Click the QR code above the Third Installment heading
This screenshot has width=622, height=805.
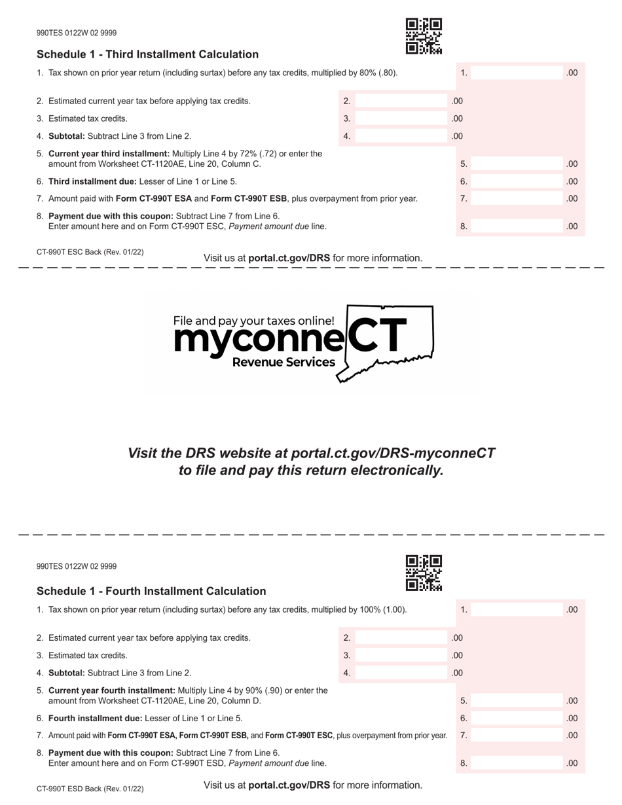[424, 36]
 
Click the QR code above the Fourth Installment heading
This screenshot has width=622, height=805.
[424, 573]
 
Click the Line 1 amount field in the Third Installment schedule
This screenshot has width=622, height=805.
[517, 73]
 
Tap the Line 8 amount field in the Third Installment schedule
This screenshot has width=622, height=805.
[517, 226]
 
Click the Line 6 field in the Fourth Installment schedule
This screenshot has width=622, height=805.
[517, 718]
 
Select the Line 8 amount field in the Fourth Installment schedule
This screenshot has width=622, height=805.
[517, 763]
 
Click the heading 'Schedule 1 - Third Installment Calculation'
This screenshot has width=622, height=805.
[147, 54]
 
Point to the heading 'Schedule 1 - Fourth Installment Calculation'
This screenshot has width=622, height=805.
[151, 591]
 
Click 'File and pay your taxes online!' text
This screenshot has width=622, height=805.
[253, 321]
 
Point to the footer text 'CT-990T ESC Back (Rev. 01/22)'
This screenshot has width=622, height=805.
[90, 252]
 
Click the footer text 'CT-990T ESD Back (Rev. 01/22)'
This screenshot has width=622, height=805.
[90, 789]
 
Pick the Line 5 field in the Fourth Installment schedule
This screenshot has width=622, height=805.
[517, 700]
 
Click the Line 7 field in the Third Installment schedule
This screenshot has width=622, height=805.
[517, 198]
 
